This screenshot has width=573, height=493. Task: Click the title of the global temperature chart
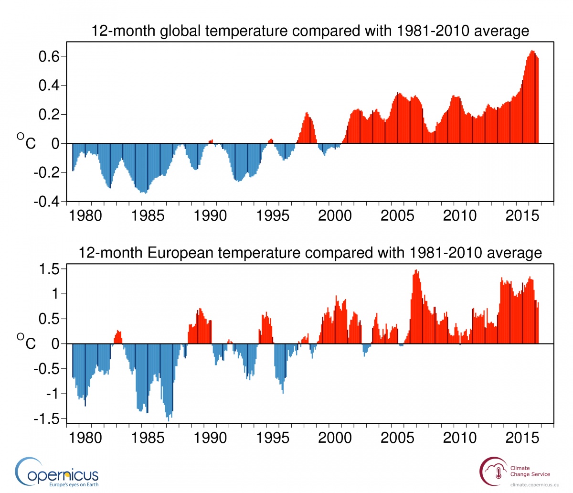310,31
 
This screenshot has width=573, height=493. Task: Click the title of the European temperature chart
310,252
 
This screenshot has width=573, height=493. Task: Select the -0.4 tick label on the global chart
46,202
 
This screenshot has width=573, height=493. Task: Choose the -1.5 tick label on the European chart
46,419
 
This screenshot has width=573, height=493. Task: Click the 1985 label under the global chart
148,216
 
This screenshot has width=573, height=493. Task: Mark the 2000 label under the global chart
335,216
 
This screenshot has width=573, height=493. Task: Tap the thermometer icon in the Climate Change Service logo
499,473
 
